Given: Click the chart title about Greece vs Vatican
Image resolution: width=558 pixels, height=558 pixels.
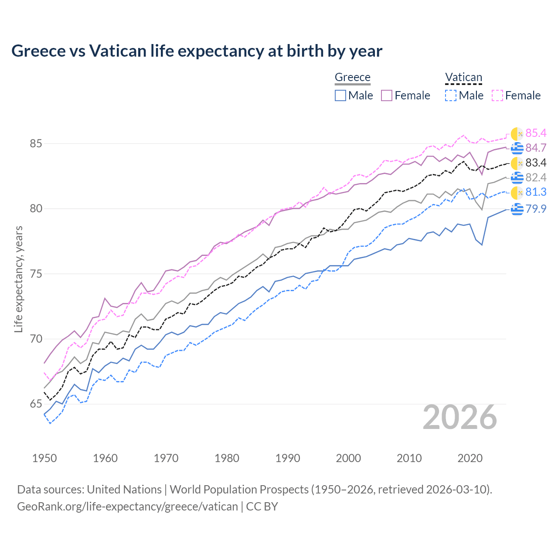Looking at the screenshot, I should tap(197, 51).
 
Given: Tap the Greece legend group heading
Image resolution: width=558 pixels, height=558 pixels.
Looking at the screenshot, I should tap(352, 78).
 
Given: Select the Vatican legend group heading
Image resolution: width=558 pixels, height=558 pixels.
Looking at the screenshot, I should tap(463, 78).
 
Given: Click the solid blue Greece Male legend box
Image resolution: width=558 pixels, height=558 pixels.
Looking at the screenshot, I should tap(340, 95).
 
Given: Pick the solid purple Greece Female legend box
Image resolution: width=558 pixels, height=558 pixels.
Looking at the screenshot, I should tap(387, 95).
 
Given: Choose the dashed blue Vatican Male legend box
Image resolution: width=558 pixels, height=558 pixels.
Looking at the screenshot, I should tap(451, 95).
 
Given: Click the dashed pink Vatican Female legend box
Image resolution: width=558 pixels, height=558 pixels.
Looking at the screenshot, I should tap(497, 95).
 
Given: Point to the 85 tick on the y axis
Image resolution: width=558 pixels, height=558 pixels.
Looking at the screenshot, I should tap(36, 143).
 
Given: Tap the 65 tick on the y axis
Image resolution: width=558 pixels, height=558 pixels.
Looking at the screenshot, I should tap(36, 404).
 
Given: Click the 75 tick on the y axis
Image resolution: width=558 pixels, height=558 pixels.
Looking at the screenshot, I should tap(36, 274).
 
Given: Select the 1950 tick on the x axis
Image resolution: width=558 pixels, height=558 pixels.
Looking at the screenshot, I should tap(44, 458).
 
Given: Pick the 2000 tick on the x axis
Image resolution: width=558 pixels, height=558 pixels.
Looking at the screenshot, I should tap(348, 458).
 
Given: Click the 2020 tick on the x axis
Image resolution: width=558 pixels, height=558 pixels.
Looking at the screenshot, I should tap(470, 458).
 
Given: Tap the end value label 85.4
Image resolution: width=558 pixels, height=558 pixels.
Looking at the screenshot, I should tap(536, 133).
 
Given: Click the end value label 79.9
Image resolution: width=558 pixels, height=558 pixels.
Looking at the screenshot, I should tap(536, 209).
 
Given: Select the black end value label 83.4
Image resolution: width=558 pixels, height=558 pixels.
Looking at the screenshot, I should tap(536, 163).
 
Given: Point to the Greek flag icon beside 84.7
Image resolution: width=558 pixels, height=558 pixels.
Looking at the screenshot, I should tap(517, 148).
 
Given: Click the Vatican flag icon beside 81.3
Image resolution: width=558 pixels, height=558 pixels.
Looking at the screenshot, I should tap(517, 193).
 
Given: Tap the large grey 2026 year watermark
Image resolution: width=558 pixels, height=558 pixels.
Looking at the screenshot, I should tap(460, 417).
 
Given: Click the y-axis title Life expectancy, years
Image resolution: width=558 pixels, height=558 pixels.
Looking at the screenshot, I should tap(18, 279).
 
